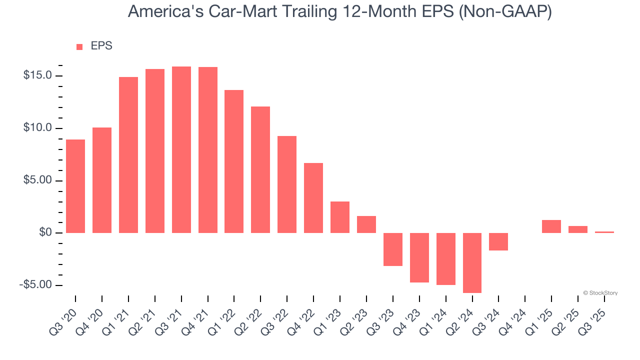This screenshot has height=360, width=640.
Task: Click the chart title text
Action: (x=340, y=11)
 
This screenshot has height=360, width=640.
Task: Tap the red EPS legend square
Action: (x=79, y=47)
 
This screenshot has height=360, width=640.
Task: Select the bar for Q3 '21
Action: (x=181, y=149)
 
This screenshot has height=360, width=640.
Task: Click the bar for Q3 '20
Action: (x=75, y=186)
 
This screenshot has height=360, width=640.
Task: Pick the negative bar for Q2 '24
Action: (x=472, y=262)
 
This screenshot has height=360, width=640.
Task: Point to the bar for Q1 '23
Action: (x=340, y=217)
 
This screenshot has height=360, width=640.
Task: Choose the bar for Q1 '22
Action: (x=234, y=161)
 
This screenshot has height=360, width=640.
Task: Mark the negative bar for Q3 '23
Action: (x=393, y=249)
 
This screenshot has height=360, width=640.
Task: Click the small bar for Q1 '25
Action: (x=551, y=226)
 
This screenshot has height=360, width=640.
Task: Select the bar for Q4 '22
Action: (x=313, y=198)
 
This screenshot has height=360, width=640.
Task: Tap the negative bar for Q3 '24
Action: (x=498, y=241)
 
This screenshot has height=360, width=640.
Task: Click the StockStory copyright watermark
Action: (x=600, y=293)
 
